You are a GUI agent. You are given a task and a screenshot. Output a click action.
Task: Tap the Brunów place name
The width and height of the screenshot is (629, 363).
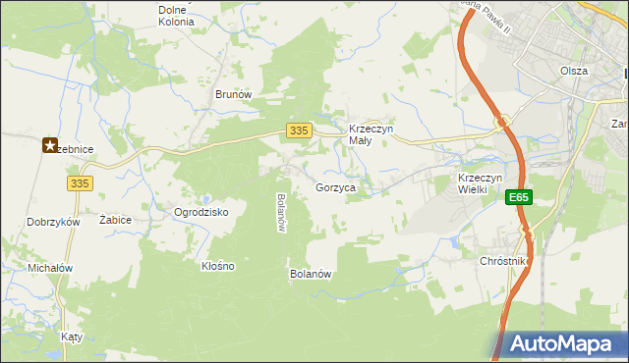pos(234,94)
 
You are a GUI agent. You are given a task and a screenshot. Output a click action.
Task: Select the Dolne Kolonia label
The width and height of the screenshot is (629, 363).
pos(176,15)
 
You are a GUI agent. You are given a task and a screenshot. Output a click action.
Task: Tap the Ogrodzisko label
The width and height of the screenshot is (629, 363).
pos(200,212)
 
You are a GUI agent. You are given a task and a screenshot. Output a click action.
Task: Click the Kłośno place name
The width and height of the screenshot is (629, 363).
pos(217,266)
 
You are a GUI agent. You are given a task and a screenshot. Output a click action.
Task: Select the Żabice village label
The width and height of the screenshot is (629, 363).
pos(116,220)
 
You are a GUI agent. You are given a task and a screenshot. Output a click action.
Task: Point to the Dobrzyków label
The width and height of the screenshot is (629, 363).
pos(53,222)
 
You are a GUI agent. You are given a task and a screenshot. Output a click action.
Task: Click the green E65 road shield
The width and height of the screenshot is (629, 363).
pos(519,198)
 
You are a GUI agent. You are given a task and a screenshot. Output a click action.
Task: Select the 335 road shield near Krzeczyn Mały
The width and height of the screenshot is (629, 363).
pos(301,130)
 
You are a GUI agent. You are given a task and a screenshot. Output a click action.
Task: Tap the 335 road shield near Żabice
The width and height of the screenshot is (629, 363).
pos(81,182)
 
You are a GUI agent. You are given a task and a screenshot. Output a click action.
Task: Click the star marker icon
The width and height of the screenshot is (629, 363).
pos(50,146)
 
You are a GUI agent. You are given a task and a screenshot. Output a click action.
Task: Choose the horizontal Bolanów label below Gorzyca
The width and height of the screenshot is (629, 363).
pos(310,274)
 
